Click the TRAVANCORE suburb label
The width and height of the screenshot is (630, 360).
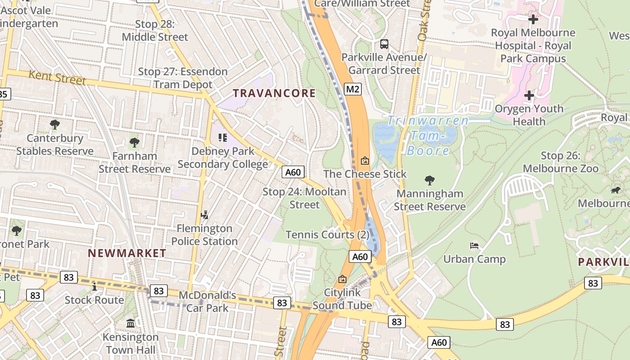[274, 93]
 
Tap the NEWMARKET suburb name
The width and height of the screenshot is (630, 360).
[127, 253]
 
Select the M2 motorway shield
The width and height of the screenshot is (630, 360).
[353, 89]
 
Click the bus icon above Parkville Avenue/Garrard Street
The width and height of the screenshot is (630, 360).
[384, 44]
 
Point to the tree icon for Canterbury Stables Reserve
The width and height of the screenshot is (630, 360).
[55, 125]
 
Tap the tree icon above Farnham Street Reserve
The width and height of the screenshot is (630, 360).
[134, 143]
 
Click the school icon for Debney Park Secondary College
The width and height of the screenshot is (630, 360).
[222, 137]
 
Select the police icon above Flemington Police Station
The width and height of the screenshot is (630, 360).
[204, 215]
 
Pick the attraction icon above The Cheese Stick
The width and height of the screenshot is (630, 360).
[365, 160]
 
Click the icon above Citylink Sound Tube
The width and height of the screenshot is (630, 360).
[342, 279]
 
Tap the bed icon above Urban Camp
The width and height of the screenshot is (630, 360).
[474, 246]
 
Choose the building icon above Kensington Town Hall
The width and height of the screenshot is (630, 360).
[130, 323]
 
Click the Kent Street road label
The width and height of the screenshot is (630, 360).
[57, 77]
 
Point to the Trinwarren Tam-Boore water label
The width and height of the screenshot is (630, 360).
[427, 135]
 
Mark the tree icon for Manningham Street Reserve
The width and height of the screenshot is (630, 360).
[430, 180]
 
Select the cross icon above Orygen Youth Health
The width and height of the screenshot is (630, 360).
[529, 95]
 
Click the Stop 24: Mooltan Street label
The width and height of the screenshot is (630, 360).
[304, 198]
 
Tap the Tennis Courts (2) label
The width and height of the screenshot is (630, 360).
[327, 234]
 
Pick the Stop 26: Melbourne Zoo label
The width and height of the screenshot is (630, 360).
[570, 162]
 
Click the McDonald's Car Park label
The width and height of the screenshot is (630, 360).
[207, 301]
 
